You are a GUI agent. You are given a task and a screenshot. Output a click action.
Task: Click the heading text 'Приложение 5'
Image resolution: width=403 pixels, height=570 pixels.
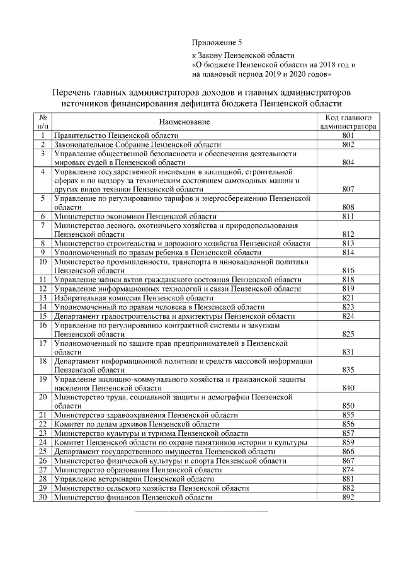[x=217, y=43]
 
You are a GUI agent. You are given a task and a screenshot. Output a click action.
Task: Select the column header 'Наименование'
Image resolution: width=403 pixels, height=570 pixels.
[x=184, y=121]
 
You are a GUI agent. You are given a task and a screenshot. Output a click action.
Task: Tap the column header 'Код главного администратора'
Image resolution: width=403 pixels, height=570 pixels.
[x=348, y=122]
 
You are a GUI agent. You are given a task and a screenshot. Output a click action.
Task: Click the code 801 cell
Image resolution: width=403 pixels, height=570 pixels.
[x=348, y=135]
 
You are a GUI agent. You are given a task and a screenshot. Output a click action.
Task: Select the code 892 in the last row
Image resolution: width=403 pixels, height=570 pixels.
[x=348, y=498]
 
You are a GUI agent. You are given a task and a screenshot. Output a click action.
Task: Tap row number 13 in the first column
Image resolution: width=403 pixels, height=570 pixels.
[x=43, y=297]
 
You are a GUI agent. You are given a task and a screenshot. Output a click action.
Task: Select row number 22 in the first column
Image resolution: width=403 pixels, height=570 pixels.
[x=43, y=425]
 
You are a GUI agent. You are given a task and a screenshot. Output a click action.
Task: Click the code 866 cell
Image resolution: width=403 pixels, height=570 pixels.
[x=348, y=452]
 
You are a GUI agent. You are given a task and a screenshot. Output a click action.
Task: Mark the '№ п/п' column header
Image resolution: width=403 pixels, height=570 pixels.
[x=43, y=122]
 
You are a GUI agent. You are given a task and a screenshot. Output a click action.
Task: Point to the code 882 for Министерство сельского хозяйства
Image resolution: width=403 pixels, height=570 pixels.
[x=348, y=488]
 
